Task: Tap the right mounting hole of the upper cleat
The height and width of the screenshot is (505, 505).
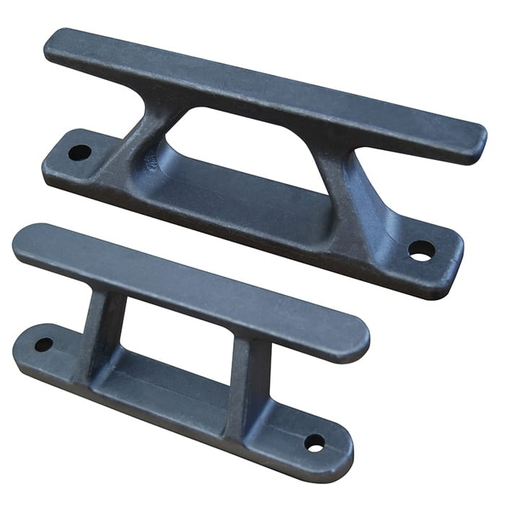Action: pyautogui.click(x=421, y=250)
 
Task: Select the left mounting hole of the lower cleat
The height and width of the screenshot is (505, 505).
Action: pyautogui.click(x=43, y=344)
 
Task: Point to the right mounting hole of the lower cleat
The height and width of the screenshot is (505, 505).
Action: pyautogui.click(x=315, y=442)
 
